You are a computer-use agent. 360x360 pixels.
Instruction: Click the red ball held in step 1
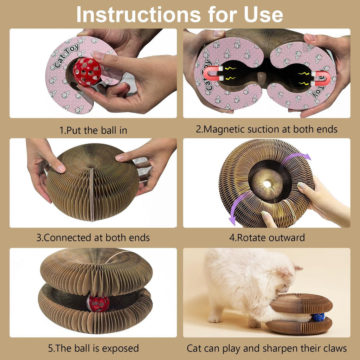click(86, 72)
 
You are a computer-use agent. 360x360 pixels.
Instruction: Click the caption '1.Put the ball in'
click(93, 130)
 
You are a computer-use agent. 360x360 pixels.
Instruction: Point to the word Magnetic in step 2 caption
click(226, 129)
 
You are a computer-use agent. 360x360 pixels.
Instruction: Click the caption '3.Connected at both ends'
click(93, 237)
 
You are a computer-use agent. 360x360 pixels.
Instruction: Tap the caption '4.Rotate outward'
click(267, 237)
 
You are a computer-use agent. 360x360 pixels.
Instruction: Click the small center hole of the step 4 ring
click(267, 184)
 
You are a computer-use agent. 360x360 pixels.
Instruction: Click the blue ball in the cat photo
click(319, 317)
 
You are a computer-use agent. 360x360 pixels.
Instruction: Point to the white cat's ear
click(296, 268)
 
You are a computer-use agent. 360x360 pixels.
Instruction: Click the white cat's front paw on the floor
click(214, 319)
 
